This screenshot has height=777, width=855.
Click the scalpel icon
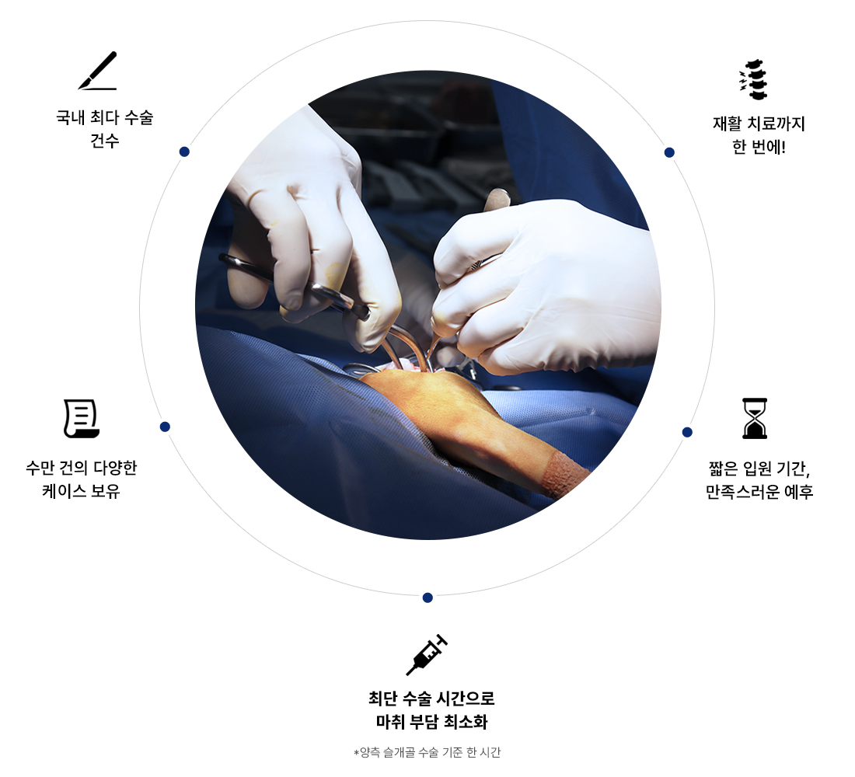point(98,71)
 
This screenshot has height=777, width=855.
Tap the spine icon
point(754,79)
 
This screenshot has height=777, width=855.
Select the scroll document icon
point(82,418)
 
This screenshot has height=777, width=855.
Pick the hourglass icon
point(755,418)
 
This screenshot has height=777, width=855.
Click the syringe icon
point(427,655)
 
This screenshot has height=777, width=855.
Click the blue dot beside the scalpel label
point(184,152)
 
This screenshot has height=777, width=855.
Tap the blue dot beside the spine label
point(669,152)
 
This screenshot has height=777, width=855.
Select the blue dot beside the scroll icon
point(166,427)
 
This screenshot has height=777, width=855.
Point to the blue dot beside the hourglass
point(687,432)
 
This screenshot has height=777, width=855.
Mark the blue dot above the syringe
point(427,598)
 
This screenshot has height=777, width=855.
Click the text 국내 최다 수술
point(105,117)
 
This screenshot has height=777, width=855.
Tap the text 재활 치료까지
point(759,124)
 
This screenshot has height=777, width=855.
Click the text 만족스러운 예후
point(759,492)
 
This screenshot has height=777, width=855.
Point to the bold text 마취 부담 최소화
point(431,722)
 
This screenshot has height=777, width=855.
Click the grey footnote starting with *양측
point(427,752)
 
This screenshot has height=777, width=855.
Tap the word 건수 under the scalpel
point(105,141)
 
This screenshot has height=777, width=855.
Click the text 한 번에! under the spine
point(759,147)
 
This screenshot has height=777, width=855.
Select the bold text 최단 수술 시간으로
point(431,698)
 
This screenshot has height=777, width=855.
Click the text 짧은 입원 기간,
point(759,469)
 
